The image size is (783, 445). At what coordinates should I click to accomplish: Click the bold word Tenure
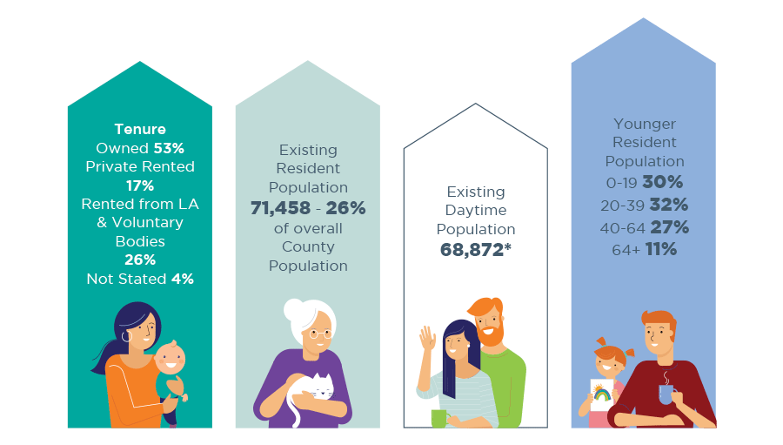[139, 130]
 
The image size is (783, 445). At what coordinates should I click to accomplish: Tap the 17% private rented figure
[139, 185]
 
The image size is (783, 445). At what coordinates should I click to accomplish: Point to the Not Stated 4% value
[181, 279]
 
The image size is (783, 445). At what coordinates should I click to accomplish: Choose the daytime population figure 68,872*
[475, 249]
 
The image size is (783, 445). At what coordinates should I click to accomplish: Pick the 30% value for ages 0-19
[663, 182]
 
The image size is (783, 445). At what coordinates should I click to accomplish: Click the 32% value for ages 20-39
[668, 205]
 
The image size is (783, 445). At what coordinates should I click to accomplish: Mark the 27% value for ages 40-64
[669, 226]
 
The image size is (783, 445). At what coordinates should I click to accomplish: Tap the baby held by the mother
[171, 366]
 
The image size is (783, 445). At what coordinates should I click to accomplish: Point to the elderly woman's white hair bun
[294, 313]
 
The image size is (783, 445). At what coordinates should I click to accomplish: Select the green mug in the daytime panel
[438, 418]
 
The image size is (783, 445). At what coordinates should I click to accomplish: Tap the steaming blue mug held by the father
[665, 393]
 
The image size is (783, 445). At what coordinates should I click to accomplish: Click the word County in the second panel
[307, 247]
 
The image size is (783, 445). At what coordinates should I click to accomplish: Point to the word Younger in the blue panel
[644, 125]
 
